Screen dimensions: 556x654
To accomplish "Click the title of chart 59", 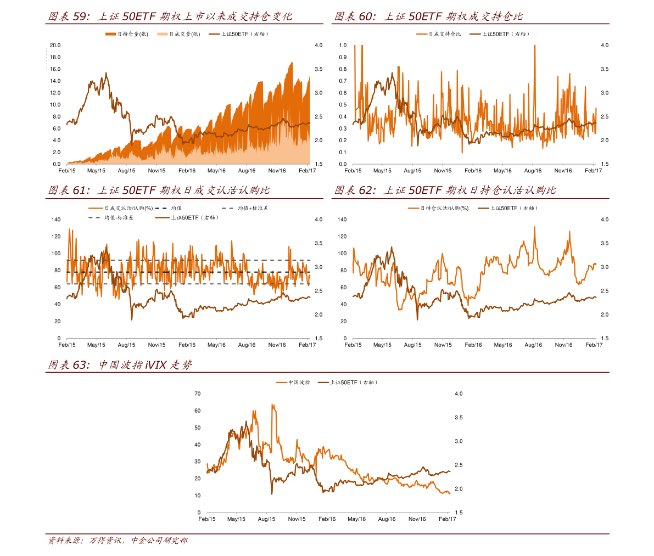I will (170, 16).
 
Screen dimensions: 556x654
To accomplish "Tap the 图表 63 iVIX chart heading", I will (120, 365).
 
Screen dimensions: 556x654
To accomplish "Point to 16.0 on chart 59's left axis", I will (55, 69).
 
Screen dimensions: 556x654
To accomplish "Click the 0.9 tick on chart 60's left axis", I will (343, 57).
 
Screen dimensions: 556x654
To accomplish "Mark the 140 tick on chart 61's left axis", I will (56, 220).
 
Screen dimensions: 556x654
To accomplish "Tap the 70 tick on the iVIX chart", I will (198, 394).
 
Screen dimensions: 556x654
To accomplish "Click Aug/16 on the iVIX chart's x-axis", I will (387, 519).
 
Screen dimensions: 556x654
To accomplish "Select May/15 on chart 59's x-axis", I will (96, 171).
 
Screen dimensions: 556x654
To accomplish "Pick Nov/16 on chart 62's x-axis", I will (563, 345).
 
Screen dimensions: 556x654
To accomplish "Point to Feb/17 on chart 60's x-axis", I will (594, 171).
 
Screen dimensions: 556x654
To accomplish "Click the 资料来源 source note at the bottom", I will (118, 541).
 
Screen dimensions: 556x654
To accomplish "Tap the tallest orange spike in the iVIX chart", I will (272, 405).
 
